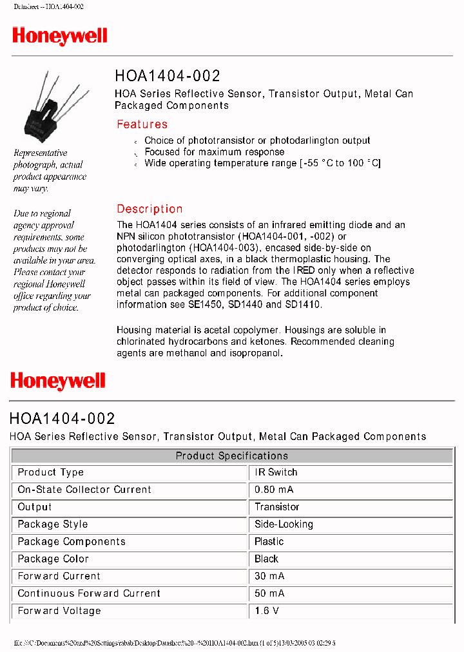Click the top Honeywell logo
click(x=60, y=36)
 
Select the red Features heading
click(x=142, y=124)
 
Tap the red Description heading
click(x=150, y=209)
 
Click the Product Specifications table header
click(x=231, y=455)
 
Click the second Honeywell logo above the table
click(x=58, y=381)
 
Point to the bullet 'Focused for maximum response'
click(x=214, y=152)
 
